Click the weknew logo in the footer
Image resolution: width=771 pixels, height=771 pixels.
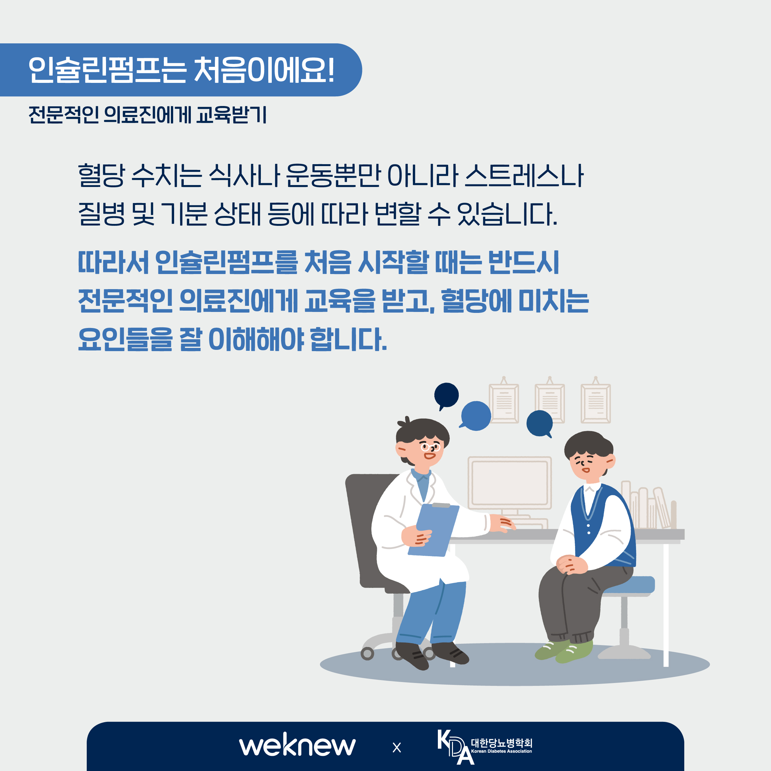pyautogui.click(x=297, y=745)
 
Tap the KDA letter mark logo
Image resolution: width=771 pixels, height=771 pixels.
pyautogui.click(x=455, y=747)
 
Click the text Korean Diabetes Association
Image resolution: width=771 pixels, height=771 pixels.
pyautogui.click(x=501, y=751)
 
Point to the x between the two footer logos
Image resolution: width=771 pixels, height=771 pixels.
pyautogui.click(x=397, y=748)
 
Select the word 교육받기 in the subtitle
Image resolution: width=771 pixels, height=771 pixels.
pyautogui.click(x=231, y=115)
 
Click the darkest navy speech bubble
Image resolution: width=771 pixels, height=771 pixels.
pyautogui.click(x=446, y=396)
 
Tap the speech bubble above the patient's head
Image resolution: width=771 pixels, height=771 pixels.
pyautogui.click(x=540, y=424)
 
